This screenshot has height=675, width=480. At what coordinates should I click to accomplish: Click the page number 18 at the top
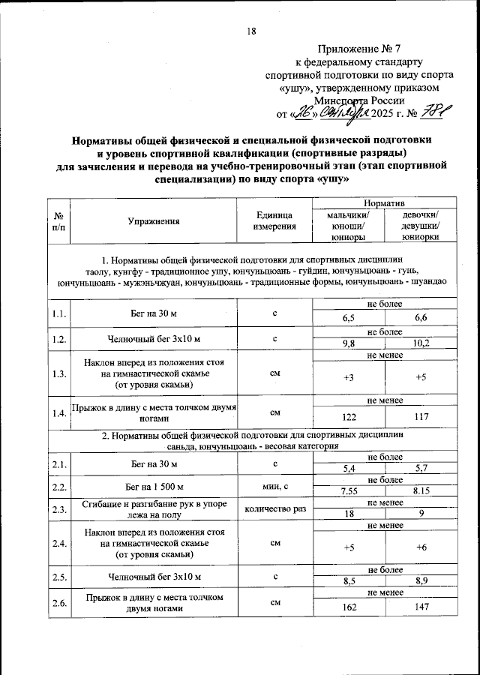[x=251, y=31]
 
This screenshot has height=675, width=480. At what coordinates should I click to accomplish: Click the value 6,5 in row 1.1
[x=348, y=319]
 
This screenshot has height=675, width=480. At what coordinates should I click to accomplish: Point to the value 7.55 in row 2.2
[x=348, y=491]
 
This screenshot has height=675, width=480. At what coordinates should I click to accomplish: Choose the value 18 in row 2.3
[x=348, y=514]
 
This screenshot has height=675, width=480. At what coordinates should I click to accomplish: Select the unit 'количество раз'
[x=274, y=509]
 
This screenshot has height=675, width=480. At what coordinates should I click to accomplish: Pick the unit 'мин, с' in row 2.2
[x=274, y=486]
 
